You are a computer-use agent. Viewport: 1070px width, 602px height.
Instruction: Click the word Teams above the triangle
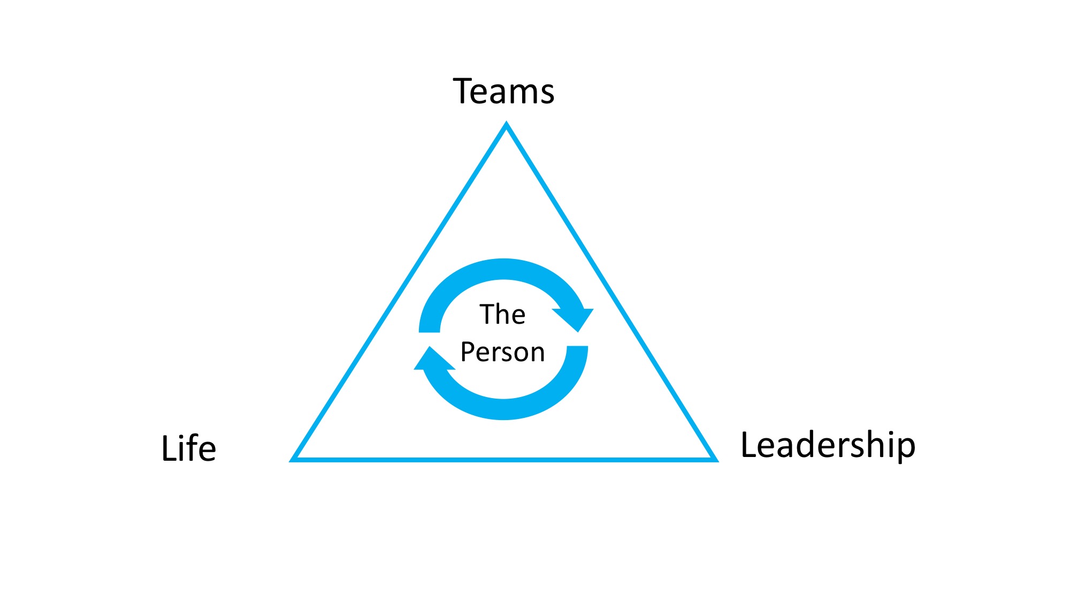click(503, 92)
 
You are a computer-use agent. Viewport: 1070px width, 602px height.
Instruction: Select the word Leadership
click(828, 445)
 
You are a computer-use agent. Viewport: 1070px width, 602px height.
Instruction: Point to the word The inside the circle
click(502, 314)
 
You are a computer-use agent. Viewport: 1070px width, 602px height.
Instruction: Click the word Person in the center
click(502, 352)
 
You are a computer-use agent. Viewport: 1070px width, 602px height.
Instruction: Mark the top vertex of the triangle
click(506, 125)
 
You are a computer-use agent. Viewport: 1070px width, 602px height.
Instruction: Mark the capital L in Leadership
click(748, 445)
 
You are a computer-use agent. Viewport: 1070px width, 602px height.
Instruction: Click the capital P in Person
click(468, 352)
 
